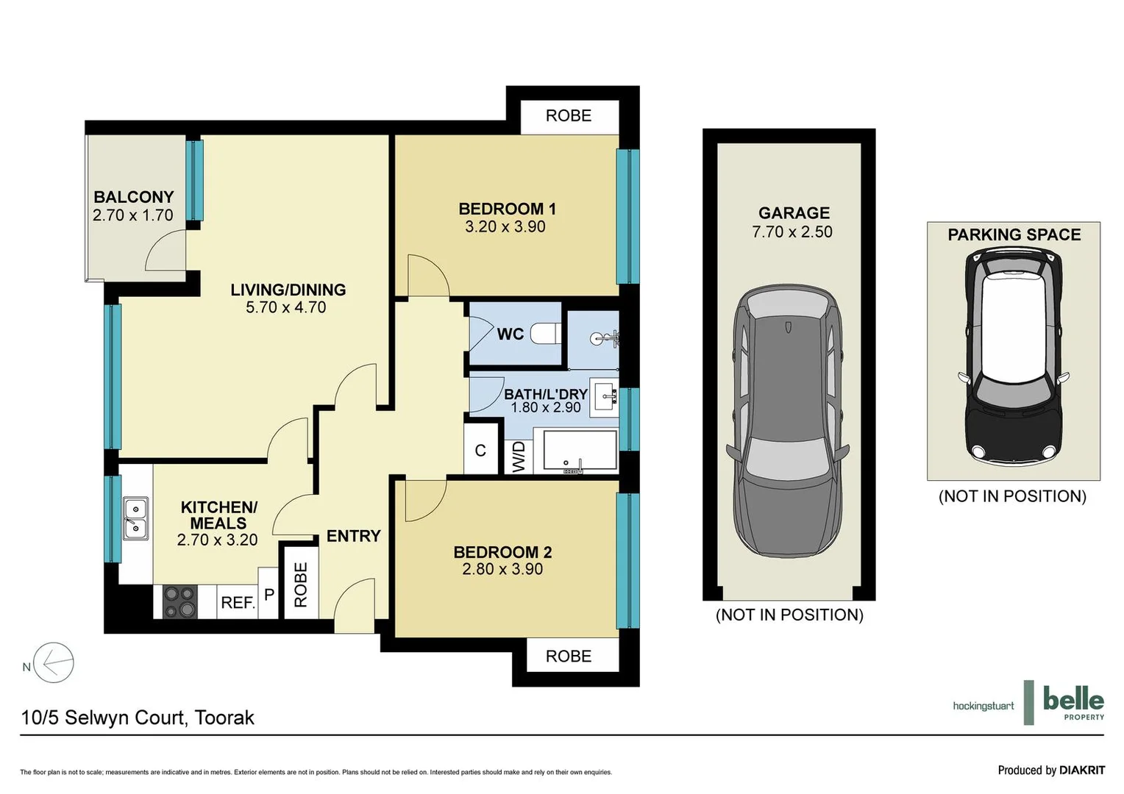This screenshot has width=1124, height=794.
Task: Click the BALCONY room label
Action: tap(133, 197)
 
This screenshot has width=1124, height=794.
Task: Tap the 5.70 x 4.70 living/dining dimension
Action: tap(285, 307)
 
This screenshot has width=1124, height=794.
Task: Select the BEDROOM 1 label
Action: tap(507, 209)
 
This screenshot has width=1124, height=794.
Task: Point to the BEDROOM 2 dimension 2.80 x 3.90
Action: tap(502, 569)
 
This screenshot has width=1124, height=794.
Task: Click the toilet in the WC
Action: tap(546, 334)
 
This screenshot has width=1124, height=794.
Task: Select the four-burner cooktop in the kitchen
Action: tap(179, 601)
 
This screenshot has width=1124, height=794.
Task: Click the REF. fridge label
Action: tap(238, 603)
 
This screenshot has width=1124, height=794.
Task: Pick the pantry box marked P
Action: tap(269, 593)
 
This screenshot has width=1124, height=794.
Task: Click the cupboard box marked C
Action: tap(480, 451)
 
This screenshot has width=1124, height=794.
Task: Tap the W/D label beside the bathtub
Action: tap(519, 457)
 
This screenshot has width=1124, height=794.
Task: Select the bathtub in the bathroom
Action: tap(580, 451)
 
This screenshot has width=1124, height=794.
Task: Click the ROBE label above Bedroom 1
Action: tap(568, 115)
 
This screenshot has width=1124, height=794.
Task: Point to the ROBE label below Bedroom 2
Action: tap(568, 656)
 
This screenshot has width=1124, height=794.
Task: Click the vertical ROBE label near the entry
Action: tap(301, 585)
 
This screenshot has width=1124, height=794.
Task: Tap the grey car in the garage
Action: tap(788, 421)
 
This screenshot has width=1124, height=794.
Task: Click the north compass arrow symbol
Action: tap(54, 662)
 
